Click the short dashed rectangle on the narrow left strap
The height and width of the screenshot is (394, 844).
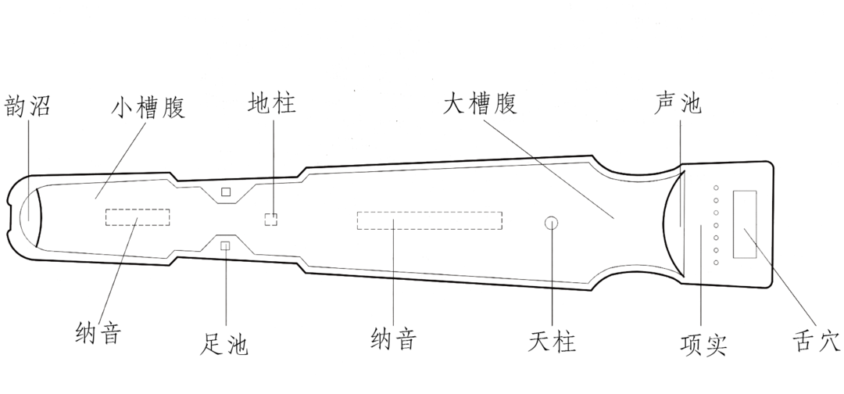coord(138,218)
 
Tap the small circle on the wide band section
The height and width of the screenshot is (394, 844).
coord(552,223)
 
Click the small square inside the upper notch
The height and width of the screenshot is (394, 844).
coord(226,192)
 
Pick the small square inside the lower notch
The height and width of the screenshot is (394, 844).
coord(226,247)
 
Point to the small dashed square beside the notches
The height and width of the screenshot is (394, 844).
coord(270,219)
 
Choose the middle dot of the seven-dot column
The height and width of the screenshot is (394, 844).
coord(715,224)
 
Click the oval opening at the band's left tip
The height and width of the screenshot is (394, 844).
coord(27,212)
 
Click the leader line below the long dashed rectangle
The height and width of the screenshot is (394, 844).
coord(392,281)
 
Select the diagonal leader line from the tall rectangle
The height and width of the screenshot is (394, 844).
coord(781,278)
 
